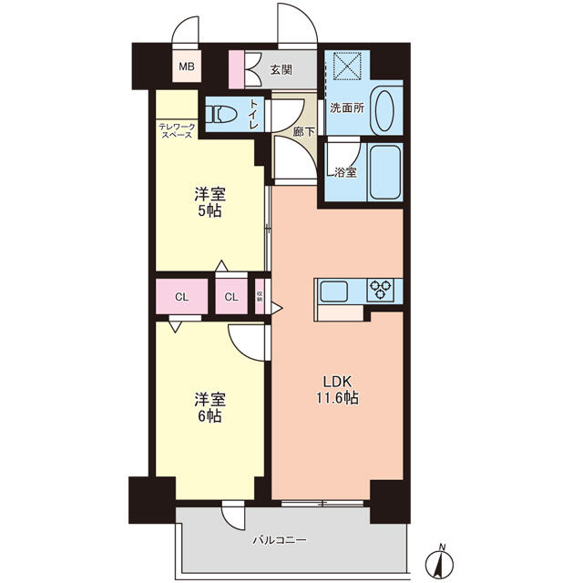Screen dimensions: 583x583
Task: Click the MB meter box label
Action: tap(187, 66)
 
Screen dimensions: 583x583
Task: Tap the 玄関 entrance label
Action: tap(281, 69)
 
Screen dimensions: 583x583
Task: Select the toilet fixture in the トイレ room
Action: tap(222, 114)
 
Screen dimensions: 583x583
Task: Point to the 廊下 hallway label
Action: tap(303, 131)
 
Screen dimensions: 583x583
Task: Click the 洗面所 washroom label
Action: tap(347, 107)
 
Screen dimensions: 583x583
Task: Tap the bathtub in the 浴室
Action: tap(385, 172)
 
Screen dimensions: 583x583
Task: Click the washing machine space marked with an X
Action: tap(347, 66)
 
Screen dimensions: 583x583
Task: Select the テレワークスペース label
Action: tap(177, 131)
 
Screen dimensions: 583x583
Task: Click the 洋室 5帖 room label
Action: tap(210, 202)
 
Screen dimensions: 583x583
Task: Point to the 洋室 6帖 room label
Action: tap(210, 407)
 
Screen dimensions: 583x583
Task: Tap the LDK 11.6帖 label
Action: tap(338, 390)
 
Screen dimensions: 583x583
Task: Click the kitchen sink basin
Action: tap(334, 291)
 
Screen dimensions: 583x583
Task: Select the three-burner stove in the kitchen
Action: tap(380, 290)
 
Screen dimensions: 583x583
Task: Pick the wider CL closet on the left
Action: tap(182, 296)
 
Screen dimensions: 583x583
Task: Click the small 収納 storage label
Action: tap(260, 296)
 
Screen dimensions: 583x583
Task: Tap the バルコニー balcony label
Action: tap(280, 539)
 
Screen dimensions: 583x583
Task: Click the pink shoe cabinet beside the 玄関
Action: tap(236, 69)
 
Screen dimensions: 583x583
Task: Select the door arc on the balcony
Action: tap(232, 519)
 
